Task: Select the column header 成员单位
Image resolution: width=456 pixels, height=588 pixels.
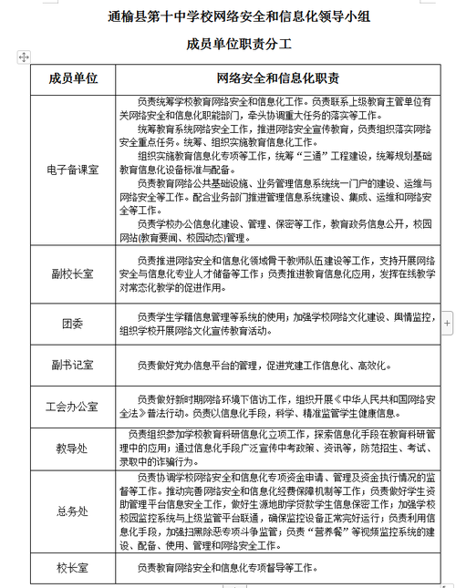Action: click(x=73, y=78)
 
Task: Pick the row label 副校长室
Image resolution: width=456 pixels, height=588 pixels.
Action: click(x=73, y=272)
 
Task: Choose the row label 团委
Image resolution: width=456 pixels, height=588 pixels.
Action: click(x=73, y=323)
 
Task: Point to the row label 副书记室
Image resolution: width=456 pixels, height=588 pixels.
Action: click(x=73, y=365)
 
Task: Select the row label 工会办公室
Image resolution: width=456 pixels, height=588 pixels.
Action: click(x=73, y=407)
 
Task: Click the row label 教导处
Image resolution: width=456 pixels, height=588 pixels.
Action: click(x=73, y=449)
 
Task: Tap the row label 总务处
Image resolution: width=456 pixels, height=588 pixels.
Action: click(x=73, y=511)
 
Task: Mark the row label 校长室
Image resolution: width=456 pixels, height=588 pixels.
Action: click(x=73, y=568)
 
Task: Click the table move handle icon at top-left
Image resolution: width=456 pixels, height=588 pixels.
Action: click(x=23, y=57)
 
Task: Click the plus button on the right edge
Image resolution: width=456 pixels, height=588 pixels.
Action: click(x=447, y=323)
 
